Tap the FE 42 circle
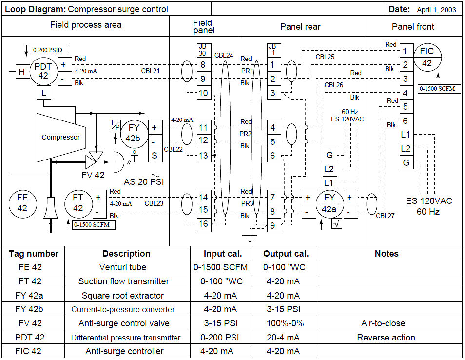tap(22, 203)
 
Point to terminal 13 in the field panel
tap(203, 156)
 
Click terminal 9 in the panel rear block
tap(273, 225)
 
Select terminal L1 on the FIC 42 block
tap(406, 135)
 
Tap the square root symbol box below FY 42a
tap(336, 224)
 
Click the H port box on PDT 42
tap(22, 72)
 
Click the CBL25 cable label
tap(325, 57)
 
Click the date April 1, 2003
tap(436, 10)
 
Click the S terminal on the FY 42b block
tap(155, 156)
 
